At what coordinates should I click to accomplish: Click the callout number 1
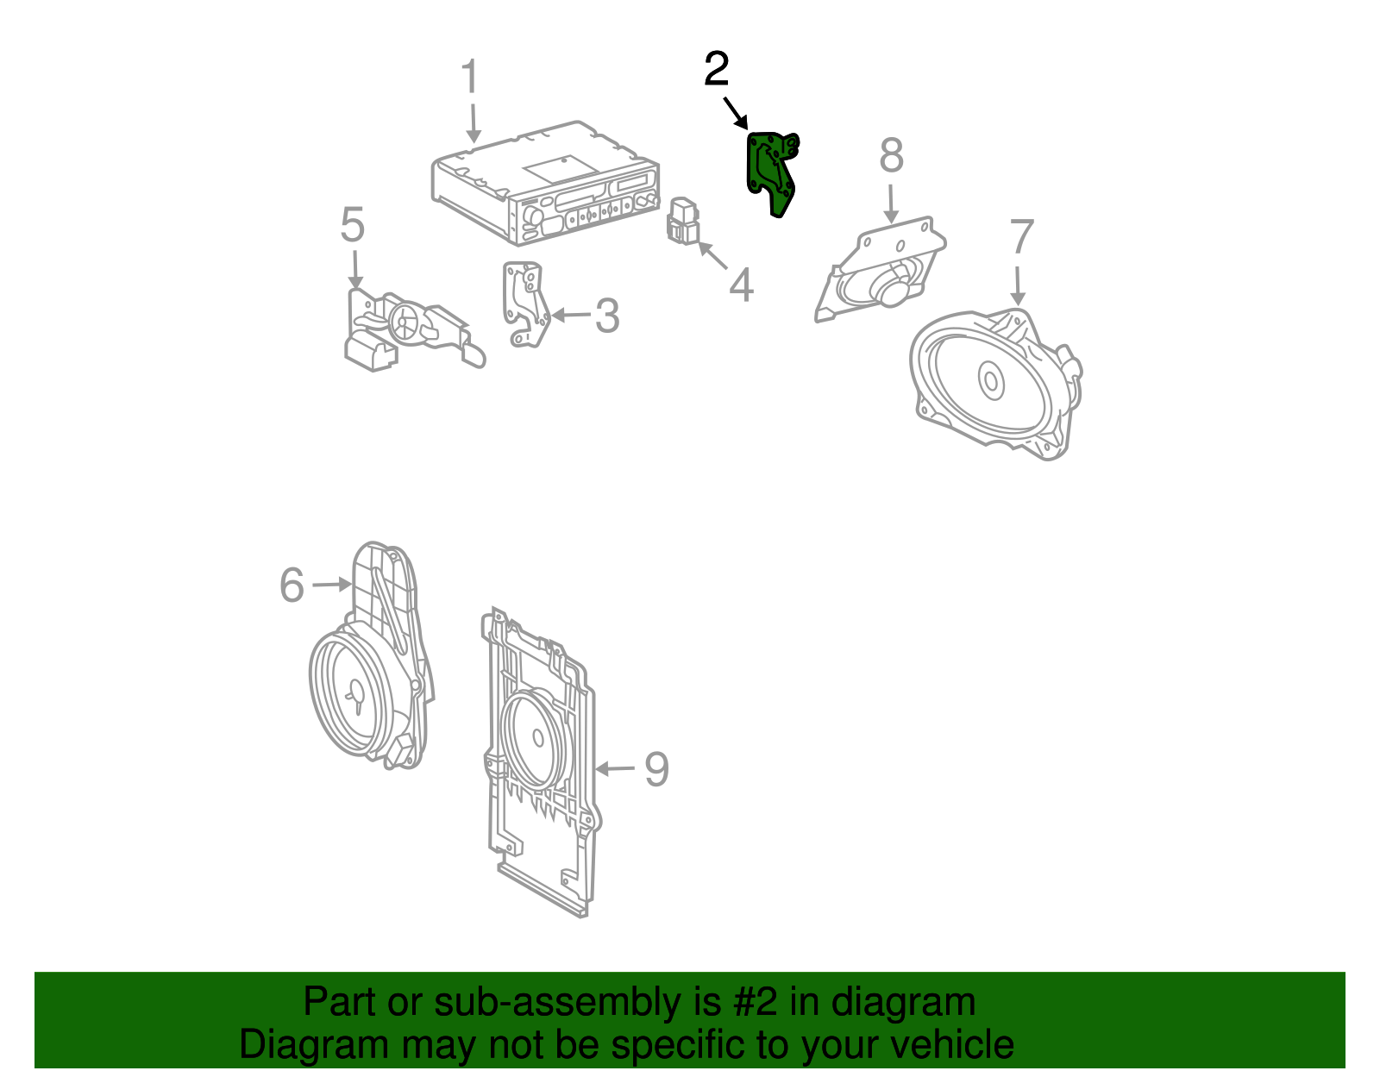tap(469, 78)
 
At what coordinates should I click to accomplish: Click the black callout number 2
tap(716, 70)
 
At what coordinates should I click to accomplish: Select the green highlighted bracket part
tap(770, 172)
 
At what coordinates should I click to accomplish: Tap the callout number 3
tap(607, 316)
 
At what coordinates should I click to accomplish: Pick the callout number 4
tap(741, 285)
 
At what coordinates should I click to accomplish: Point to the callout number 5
tap(353, 226)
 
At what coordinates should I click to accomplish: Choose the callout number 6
tap(292, 585)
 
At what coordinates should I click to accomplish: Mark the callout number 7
tap(1021, 237)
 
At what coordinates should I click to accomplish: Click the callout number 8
tap(892, 156)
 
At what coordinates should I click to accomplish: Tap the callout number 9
tap(657, 769)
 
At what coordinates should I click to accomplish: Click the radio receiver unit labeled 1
tap(543, 185)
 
